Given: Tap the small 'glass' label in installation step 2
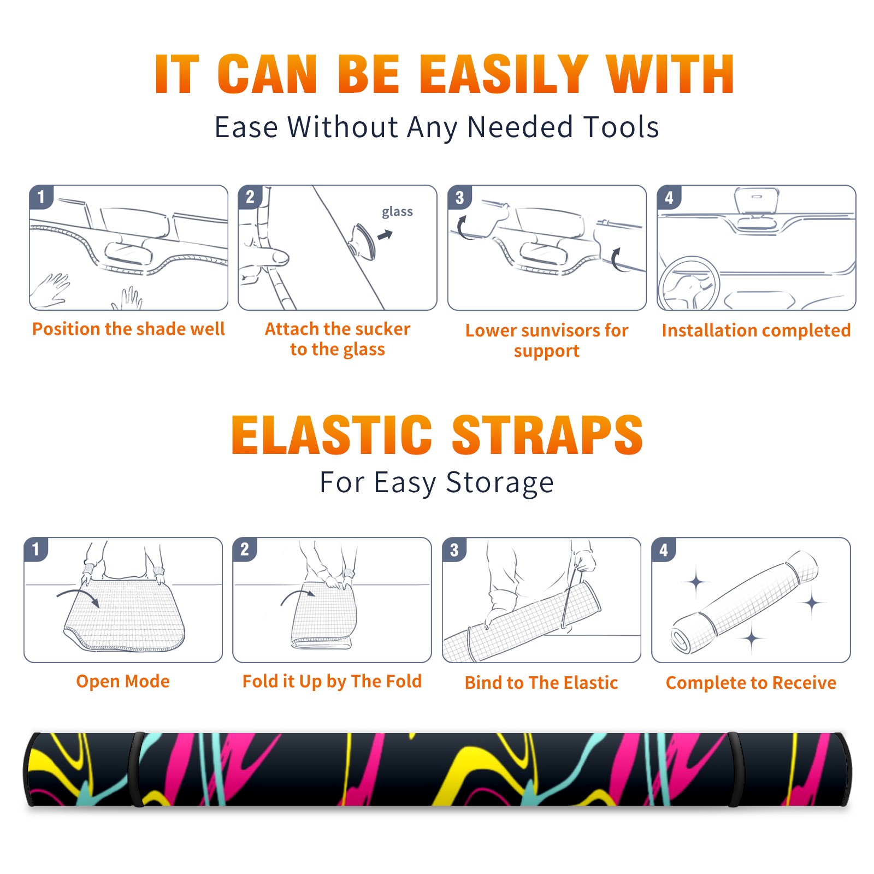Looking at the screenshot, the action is point(397,211).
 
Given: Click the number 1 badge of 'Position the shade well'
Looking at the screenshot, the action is point(41,196).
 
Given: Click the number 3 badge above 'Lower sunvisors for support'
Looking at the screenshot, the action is point(459,197).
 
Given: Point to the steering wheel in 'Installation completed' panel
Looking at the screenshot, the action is point(689,284).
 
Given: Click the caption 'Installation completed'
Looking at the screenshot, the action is point(756,330).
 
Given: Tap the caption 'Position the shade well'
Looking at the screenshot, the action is point(128,329).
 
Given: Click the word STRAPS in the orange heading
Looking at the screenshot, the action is point(547,435).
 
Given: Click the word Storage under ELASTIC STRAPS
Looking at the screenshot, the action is point(500,483).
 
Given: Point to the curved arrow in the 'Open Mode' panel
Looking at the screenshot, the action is point(78,594).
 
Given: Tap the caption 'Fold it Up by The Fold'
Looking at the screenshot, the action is point(332,682).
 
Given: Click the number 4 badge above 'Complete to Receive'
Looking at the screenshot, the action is point(664,550).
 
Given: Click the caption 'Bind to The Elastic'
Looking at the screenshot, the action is point(541,683).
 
